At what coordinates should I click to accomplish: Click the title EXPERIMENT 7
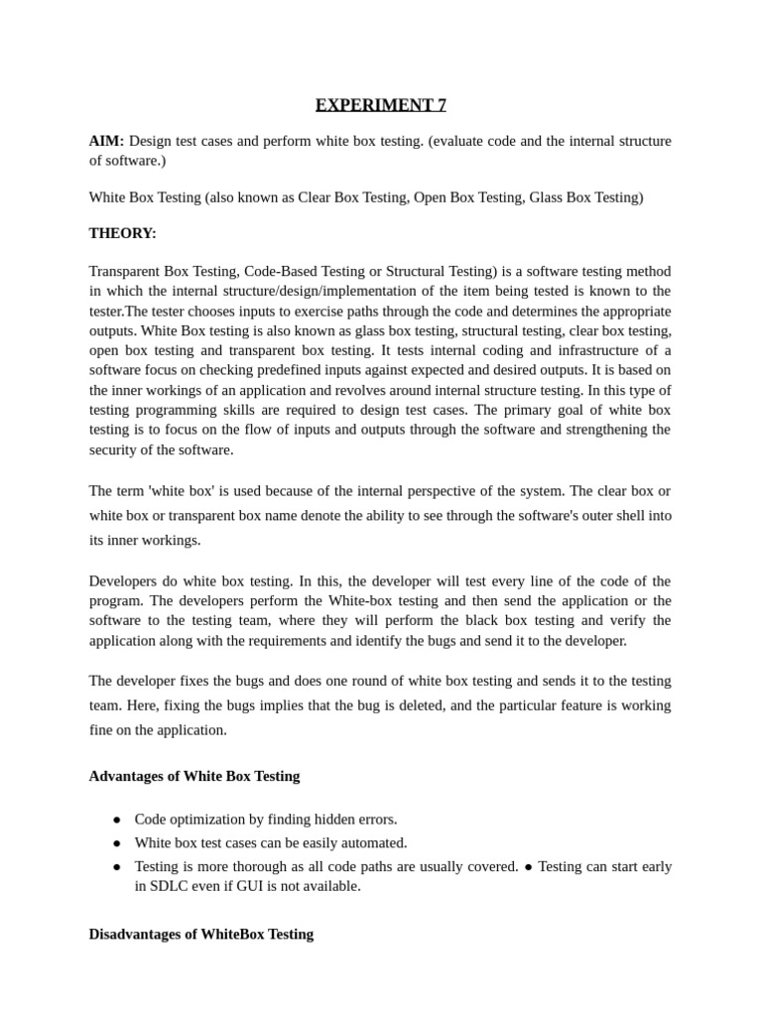click(381, 105)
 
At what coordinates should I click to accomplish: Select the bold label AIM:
click(106, 141)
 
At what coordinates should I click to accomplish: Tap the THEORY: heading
click(122, 233)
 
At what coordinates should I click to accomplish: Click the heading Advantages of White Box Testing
click(194, 776)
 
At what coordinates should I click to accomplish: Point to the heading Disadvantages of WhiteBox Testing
click(201, 934)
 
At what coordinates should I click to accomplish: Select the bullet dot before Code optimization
click(116, 819)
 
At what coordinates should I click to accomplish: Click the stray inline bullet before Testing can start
click(528, 866)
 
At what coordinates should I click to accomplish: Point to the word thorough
click(249, 866)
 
